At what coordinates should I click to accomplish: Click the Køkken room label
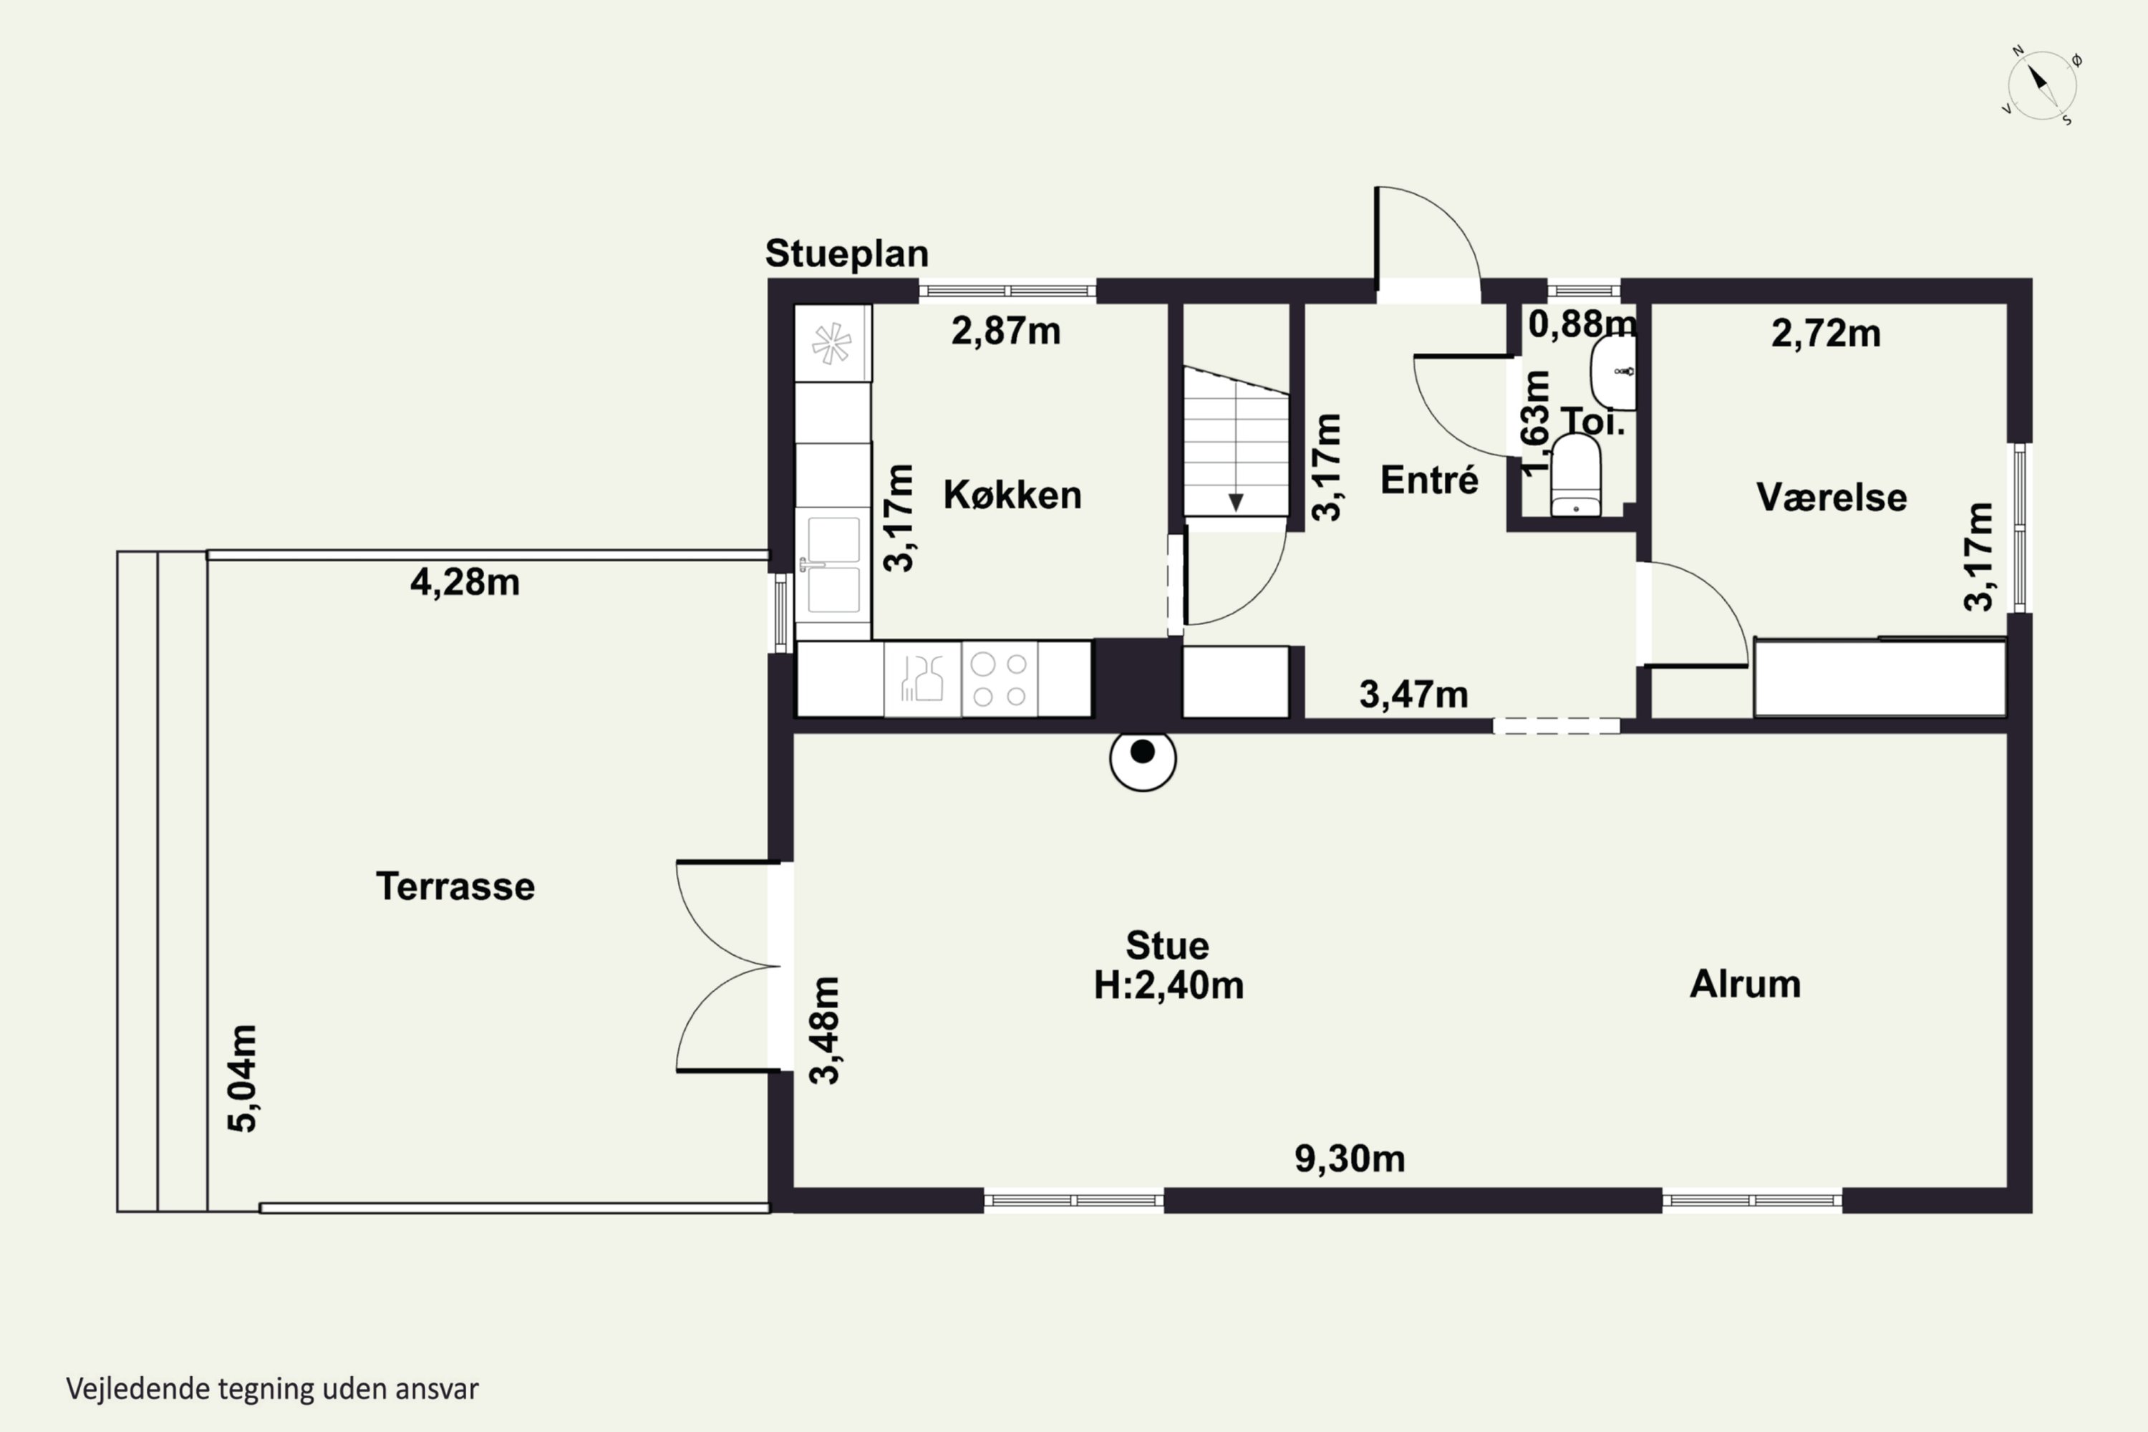tap(1012, 495)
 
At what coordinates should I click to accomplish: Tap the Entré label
tap(1429, 480)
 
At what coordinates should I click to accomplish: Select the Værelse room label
tap(1831, 497)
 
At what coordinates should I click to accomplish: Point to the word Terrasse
tap(455, 886)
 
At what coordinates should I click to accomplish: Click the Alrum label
tap(1746, 984)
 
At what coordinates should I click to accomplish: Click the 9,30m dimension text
tap(1350, 1158)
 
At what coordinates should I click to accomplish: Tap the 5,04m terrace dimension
tap(243, 1078)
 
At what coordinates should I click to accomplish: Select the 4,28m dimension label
tap(465, 581)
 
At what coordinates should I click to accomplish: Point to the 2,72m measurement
tap(1826, 334)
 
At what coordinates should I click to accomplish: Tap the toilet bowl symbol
tap(1575, 475)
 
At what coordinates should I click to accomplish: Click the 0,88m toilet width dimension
tap(1582, 324)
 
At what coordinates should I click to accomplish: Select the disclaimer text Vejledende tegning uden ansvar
tap(272, 1389)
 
